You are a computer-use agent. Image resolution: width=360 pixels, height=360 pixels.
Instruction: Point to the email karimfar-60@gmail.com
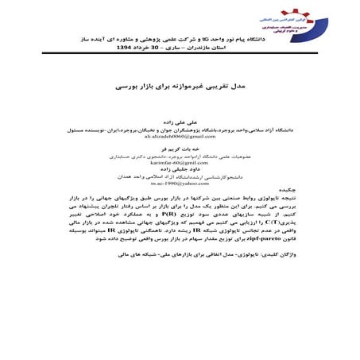[180, 161]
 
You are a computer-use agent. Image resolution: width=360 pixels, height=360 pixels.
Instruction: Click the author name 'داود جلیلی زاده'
[180, 168]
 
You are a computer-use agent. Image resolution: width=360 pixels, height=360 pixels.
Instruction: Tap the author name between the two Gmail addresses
[180, 148]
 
